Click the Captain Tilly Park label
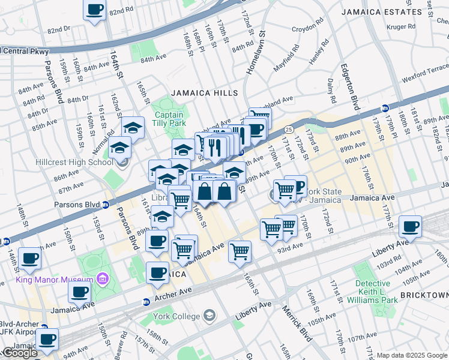pos(169,119)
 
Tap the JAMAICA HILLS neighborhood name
pos(205,93)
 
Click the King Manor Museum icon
pos(103,279)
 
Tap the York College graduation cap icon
pos(209,315)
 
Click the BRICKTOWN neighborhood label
pos(424,296)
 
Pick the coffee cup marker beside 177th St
pos(411,227)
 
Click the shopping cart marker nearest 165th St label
pos(240,251)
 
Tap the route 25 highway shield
pos(289,129)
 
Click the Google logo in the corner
pos(19,353)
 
